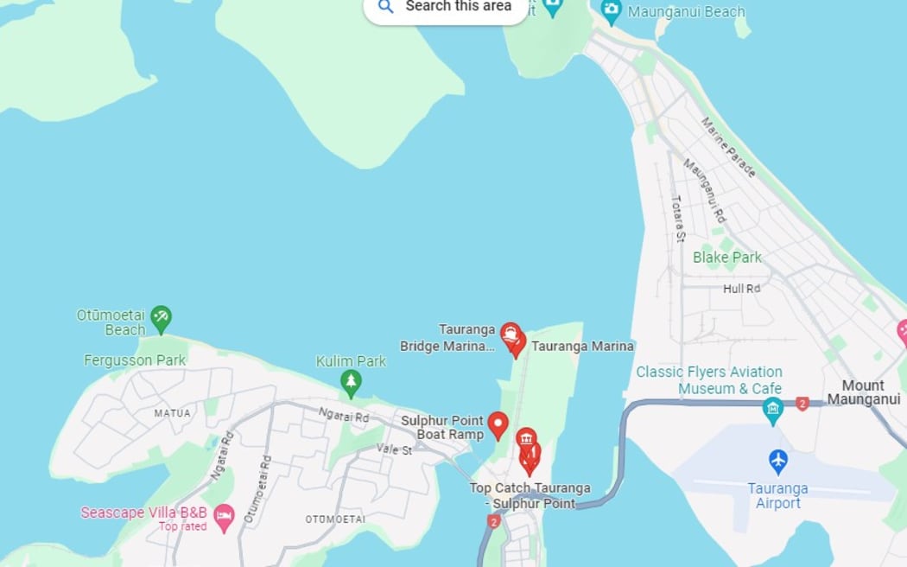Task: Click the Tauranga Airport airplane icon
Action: tap(778, 461)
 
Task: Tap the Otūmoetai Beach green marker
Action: tap(161, 318)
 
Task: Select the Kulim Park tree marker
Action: tap(350, 382)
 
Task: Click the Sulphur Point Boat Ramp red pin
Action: tap(498, 424)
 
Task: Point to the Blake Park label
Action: tap(727, 258)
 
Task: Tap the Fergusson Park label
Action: tap(135, 360)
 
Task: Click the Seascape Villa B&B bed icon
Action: tap(224, 518)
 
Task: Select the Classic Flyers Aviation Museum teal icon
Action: tap(773, 410)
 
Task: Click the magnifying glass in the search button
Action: tap(386, 7)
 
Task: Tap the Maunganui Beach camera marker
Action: tap(612, 11)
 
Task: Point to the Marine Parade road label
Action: tap(728, 147)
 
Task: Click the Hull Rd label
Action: tap(741, 289)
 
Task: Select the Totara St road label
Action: tap(678, 217)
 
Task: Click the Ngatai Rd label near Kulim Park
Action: tap(343, 417)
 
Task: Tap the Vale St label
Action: tap(394, 450)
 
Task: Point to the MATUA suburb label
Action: tap(172, 413)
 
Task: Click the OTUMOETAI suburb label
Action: tap(335, 519)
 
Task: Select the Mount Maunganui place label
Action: tap(863, 392)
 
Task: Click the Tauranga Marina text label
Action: tap(582, 346)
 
